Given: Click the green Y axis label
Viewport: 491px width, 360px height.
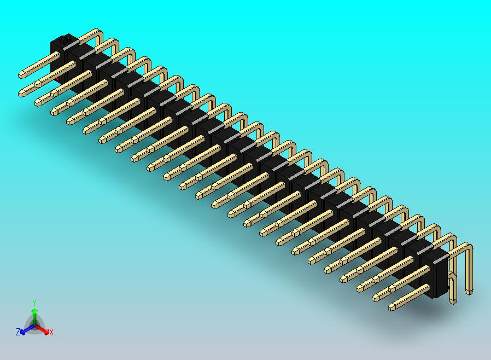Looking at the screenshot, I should (x=34, y=303).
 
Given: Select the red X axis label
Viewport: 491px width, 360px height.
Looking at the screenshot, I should (x=51, y=332).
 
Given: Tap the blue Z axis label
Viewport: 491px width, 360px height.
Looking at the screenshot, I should (x=18, y=332).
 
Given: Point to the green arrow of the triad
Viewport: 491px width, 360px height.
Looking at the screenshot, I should (x=34, y=314).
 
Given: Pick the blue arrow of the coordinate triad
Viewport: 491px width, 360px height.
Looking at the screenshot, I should (x=25, y=330).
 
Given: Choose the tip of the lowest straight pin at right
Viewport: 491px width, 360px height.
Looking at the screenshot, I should (x=393, y=307).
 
